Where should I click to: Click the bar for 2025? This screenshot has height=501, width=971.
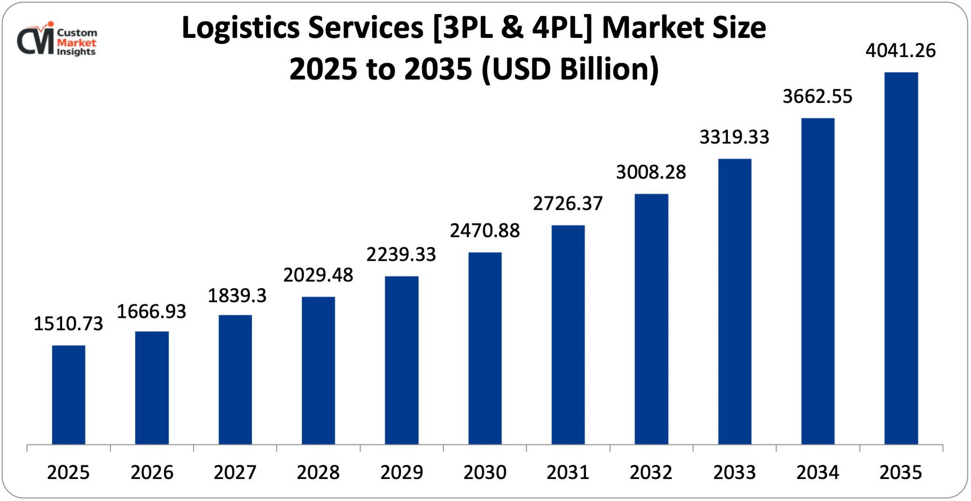tap(69, 395)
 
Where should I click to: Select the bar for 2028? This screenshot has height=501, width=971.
tap(318, 370)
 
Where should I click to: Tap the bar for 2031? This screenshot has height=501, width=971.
tap(568, 335)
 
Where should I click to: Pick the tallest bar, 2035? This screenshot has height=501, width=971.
tap(901, 258)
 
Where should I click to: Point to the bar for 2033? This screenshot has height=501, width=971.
tap(735, 301)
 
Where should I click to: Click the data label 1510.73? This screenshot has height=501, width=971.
tap(68, 323)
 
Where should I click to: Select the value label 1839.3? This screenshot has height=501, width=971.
tap(237, 295)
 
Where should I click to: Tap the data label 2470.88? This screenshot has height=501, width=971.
tap(485, 230)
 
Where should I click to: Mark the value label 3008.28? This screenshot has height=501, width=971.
tap(651, 172)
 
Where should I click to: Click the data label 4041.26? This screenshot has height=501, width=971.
tap(901, 50)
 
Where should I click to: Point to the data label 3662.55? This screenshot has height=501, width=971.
tap(817, 96)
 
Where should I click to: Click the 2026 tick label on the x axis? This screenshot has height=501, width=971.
tap(152, 472)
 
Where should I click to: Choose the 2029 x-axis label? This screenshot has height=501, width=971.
tap(401, 472)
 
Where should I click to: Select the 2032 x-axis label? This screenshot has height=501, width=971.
tap(651, 472)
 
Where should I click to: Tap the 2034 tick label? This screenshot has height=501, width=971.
tap(817, 472)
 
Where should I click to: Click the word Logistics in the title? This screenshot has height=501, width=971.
tap(240, 28)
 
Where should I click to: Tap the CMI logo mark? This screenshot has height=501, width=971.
tap(35, 40)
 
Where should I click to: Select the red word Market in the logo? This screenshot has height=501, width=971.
tap(77, 43)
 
